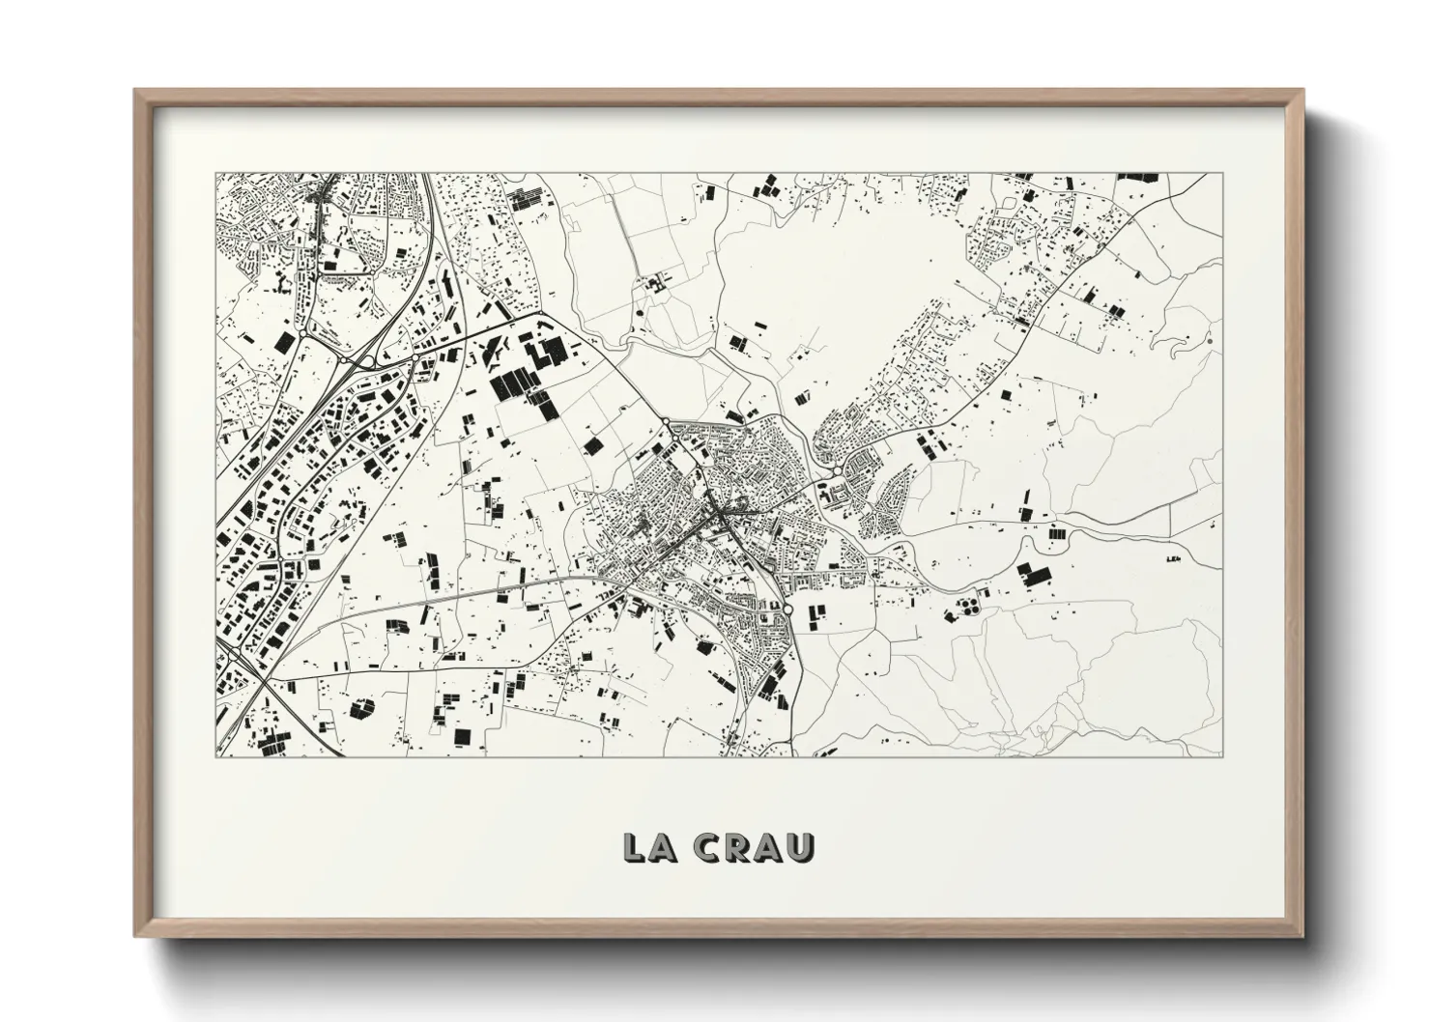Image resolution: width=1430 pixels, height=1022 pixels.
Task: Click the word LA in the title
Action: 650,846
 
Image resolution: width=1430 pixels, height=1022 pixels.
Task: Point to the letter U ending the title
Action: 801,846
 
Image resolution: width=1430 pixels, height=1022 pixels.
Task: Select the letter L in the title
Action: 636,846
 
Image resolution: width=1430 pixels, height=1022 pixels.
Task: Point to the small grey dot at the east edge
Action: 1209,340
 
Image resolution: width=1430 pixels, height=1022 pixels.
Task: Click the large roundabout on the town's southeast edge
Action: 789,610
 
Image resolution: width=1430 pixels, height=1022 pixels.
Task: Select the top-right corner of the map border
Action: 1221,174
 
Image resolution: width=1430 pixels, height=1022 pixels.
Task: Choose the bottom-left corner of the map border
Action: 215,756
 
